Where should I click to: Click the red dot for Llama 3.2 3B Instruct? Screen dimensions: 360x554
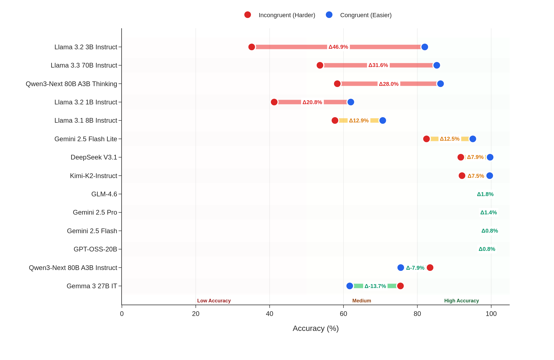252,47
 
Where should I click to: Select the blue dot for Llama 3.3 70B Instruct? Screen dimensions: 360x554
437,65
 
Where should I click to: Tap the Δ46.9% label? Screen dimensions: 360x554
338,47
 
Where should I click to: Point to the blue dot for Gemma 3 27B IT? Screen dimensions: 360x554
350,286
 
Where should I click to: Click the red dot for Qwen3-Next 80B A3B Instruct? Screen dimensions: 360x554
430,268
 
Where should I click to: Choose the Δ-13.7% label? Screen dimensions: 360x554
375,286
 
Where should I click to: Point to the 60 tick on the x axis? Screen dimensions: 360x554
343,314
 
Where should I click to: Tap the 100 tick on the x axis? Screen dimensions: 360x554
491,314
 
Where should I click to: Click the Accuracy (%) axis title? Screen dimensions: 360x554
316,328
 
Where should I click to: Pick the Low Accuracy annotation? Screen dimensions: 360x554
214,301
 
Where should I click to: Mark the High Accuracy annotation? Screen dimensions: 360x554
461,301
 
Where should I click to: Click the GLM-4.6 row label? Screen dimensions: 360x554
104,194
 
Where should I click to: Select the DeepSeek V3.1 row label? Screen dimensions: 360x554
94,157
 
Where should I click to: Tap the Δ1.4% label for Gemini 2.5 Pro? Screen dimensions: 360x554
488,212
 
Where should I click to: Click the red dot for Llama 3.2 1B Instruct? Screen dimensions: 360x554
274,102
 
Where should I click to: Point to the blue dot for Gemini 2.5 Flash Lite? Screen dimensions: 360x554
473,139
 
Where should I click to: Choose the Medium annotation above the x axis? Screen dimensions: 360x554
361,301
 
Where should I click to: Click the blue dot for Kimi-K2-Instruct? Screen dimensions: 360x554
490,176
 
